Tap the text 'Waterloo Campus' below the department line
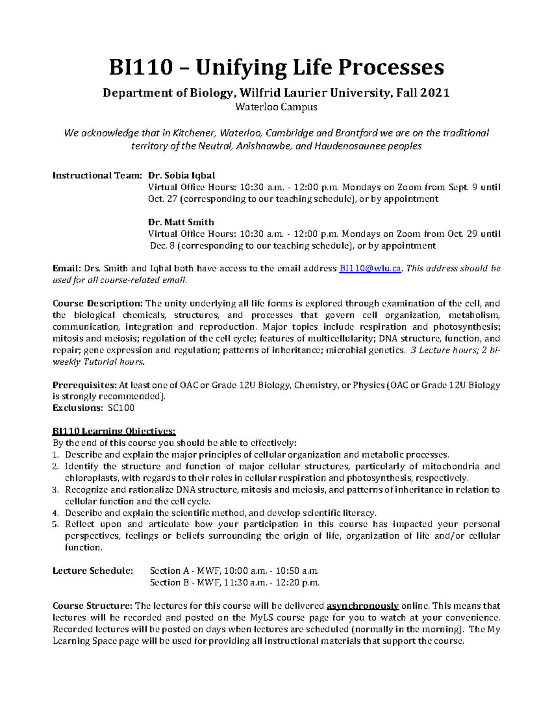276,108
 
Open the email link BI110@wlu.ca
370,268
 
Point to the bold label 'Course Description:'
98,303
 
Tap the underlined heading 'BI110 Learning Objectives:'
114,431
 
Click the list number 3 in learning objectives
56,490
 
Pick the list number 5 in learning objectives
56,525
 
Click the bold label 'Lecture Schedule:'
93,571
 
